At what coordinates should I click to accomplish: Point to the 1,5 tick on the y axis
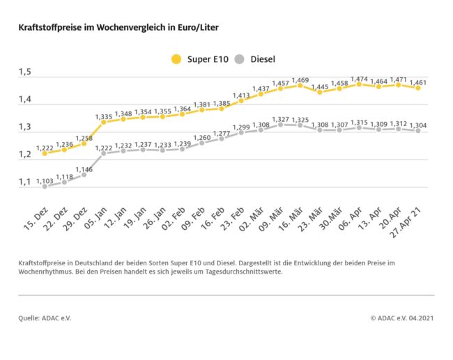click(x=25, y=72)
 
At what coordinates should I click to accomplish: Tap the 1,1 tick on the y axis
click(x=25, y=182)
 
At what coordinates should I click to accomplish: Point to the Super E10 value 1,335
click(x=102, y=116)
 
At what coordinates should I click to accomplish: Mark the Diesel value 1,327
click(x=280, y=119)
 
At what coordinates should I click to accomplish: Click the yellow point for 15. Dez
click(x=44, y=153)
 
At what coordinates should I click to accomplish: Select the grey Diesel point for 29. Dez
click(x=84, y=174)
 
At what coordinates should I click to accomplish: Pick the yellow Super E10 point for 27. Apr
click(x=417, y=88)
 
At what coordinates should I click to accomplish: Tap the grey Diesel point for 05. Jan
click(x=103, y=153)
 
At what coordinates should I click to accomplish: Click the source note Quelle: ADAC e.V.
click(x=45, y=318)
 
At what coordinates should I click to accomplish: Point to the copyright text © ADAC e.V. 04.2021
click(x=403, y=318)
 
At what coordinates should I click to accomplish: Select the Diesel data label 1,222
click(x=102, y=148)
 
